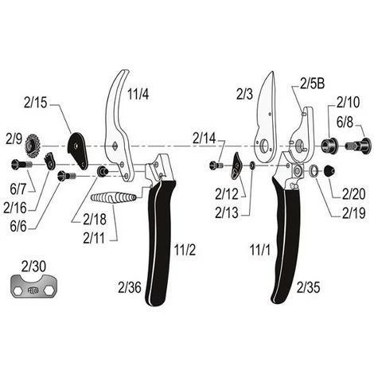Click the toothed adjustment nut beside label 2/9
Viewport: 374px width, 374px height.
(33, 146)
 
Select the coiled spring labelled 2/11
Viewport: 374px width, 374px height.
(114, 197)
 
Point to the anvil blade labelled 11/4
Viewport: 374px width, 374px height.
(117, 125)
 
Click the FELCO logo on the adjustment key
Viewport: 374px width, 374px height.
(33, 290)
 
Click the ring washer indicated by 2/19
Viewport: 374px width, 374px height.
(314, 169)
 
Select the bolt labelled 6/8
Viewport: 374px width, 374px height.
(357, 146)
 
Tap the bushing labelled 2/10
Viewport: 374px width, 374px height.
(329, 145)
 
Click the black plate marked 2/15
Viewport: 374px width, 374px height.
(77, 150)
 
